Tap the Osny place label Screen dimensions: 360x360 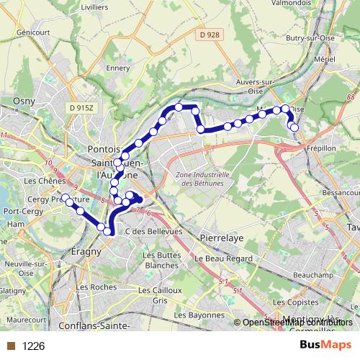[24, 102]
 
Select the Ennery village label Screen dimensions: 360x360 [117, 68]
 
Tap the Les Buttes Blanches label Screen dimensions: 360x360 [161, 260]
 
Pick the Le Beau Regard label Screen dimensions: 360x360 [222, 258]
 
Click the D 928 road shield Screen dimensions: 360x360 [210, 35]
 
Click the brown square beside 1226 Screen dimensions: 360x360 [10, 346]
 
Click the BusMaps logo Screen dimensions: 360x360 [325, 346]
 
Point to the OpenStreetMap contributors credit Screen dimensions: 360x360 [297, 323]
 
